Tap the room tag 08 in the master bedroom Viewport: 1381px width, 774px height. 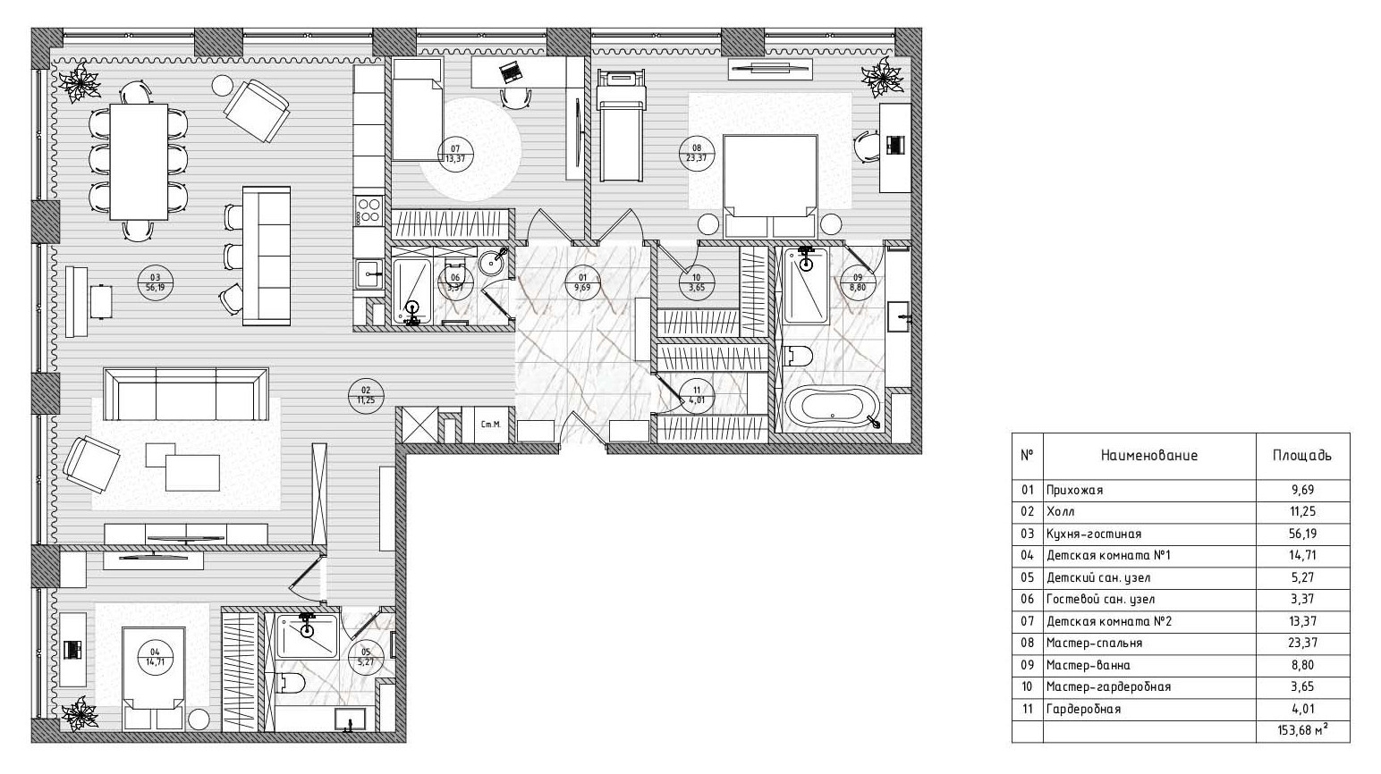point(697,153)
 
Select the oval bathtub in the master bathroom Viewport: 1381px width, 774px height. point(831,407)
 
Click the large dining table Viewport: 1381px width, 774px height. point(139,162)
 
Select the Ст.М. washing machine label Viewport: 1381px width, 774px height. point(491,424)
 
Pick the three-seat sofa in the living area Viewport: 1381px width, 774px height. point(186,394)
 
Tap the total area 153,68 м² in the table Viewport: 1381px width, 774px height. point(1303,731)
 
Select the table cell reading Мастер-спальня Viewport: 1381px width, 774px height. point(1094,644)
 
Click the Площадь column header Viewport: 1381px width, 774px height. point(1302,456)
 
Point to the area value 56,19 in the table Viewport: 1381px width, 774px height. point(1302,534)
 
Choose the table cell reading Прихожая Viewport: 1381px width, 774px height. point(1074,491)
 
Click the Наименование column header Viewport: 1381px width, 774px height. point(1149,456)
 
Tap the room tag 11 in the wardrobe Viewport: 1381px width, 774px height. point(697,395)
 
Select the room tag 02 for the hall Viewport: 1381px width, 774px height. point(366,394)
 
